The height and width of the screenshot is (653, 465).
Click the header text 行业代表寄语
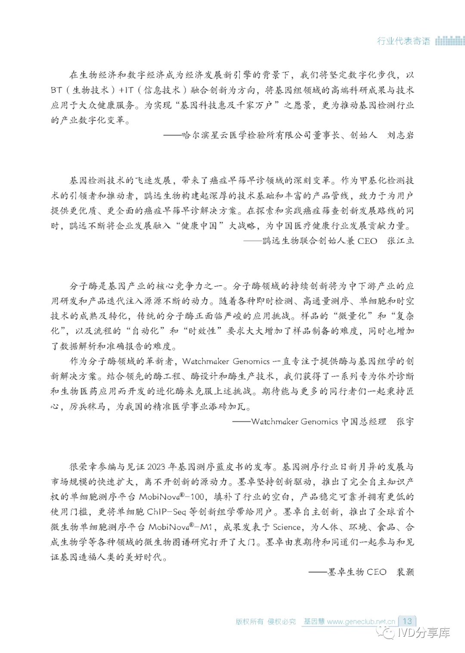pyautogui.click(x=403, y=41)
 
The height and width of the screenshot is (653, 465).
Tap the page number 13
pyautogui.click(x=407, y=621)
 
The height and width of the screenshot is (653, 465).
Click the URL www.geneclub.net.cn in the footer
pyautogui.click(x=361, y=622)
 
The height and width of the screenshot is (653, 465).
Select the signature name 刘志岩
pyautogui.click(x=400, y=135)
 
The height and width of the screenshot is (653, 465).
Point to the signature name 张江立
pyautogui.click(x=400, y=241)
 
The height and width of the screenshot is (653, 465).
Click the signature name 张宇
pyautogui.click(x=405, y=422)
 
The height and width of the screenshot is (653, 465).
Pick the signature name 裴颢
pyautogui.click(x=405, y=572)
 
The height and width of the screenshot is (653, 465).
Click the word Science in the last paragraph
pyautogui.click(x=287, y=527)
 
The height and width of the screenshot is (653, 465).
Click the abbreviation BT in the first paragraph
pyautogui.click(x=56, y=90)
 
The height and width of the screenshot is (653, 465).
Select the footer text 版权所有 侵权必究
pyautogui.click(x=266, y=622)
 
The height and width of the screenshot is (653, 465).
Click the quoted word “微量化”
pyautogui.click(x=352, y=316)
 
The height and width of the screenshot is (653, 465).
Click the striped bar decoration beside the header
pyautogui.click(x=450, y=41)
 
